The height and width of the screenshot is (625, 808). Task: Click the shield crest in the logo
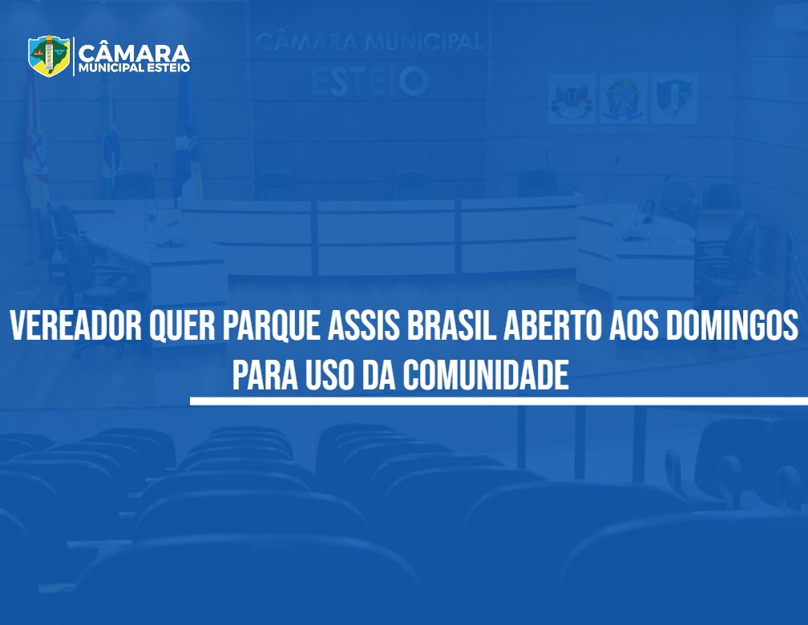49,55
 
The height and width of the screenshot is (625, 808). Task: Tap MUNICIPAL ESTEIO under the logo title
134,68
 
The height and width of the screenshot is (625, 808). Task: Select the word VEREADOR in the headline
75,325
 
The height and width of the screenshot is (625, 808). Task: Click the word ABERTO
552,325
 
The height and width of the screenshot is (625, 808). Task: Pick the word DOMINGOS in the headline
732,325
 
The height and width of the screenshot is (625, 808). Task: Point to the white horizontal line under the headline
499,401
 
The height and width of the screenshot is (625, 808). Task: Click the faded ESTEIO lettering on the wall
370,82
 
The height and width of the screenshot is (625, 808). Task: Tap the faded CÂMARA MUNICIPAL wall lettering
369,42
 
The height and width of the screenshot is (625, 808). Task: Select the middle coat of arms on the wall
623,99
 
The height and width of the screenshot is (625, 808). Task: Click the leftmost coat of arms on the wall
572,99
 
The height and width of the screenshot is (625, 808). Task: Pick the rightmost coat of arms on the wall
674,99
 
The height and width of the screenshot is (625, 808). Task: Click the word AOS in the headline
634,325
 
